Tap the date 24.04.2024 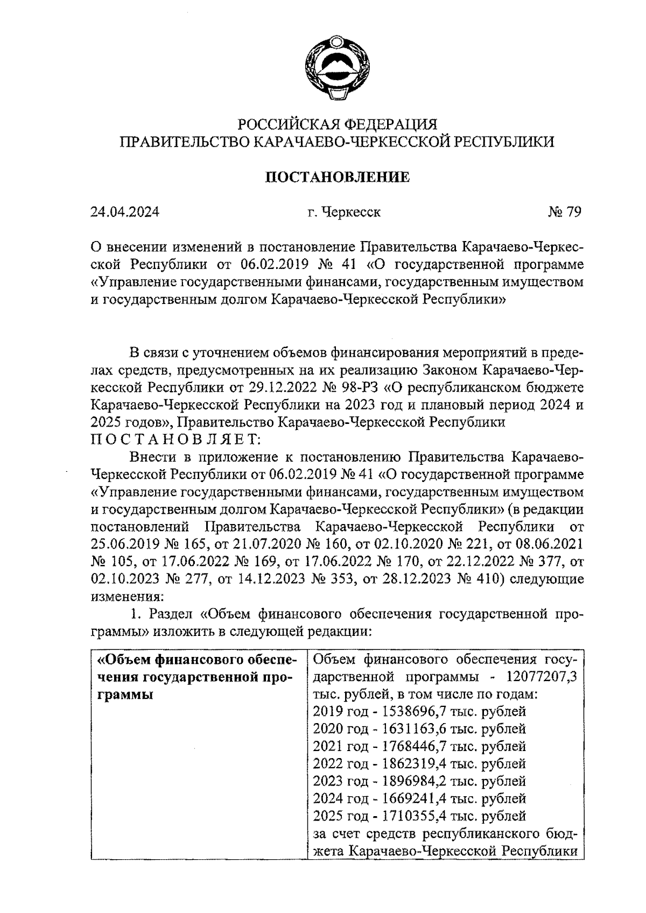point(125,212)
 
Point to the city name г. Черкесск point(344,212)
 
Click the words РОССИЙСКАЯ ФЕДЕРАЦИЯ point(338,125)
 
